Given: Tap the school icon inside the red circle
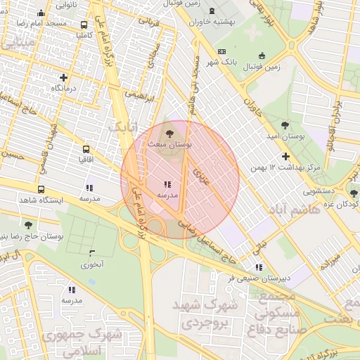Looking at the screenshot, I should click(167, 184).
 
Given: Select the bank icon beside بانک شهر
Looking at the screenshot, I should click(222, 52).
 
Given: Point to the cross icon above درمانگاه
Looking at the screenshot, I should click(64, 77).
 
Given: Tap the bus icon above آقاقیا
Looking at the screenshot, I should click(86, 150).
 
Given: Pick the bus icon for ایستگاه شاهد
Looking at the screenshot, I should click(41, 190).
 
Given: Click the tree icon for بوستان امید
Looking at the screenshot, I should click(285, 124).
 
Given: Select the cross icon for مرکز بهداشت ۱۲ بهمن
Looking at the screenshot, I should click(285, 156).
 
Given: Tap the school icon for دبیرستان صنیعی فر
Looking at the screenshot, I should click(259, 267).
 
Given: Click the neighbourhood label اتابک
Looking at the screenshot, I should click(121, 128).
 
